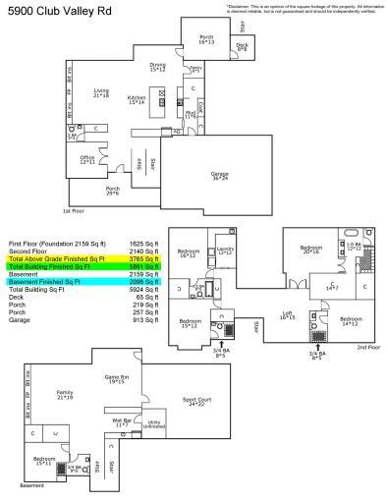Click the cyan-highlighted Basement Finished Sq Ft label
click(x=46, y=282)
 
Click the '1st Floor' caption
click(x=74, y=210)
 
